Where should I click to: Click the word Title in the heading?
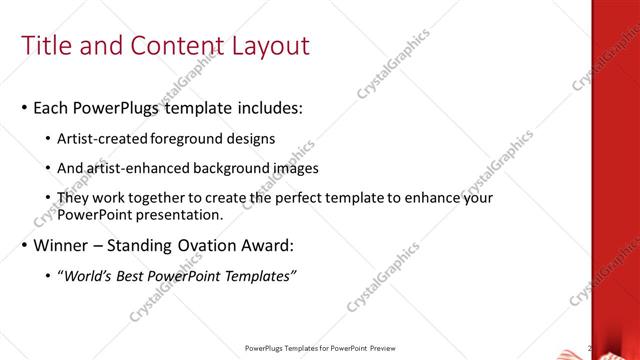pyautogui.click(x=48, y=46)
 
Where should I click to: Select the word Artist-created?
pyautogui.click(x=105, y=138)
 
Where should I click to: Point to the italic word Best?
pyautogui.click(x=140, y=275)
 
